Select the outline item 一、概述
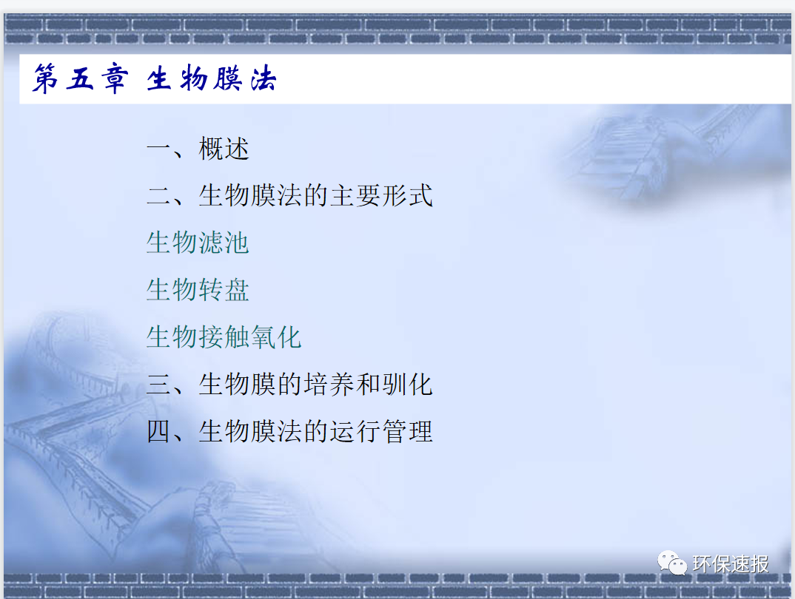[x=198, y=149]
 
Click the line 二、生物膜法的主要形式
[x=289, y=196]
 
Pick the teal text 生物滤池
[x=198, y=243]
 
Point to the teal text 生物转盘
[x=198, y=290]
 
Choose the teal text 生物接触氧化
[x=224, y=337]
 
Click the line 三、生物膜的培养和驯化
[x=289, y=385]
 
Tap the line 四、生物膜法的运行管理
[x=289, y=431]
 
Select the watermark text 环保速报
[x=731, y=565]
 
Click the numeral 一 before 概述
[x=159, y=149]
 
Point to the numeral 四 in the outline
[x=159, y=431]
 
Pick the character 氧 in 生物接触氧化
[x=263, y=337]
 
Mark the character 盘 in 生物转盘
[x=237, y=290]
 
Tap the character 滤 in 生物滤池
[x=211, y=243]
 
